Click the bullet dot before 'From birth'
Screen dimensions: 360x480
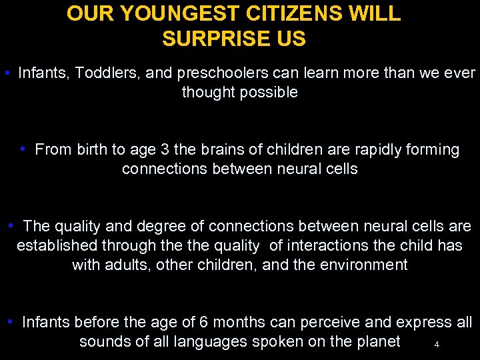[x=23, y=148]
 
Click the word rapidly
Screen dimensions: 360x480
[x=369, y=149]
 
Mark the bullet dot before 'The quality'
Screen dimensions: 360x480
[x=11, y=225]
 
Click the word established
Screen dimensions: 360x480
[x=59, y=246]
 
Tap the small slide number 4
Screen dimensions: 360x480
[x=437, y=345]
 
